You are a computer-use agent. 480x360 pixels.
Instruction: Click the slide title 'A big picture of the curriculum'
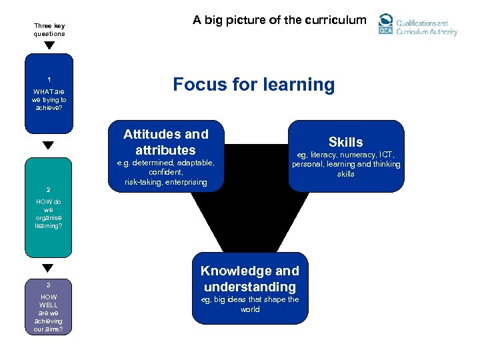(279, 20)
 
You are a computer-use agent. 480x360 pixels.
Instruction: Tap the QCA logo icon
(386, 25)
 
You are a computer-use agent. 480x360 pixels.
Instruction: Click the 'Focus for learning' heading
(253, 85)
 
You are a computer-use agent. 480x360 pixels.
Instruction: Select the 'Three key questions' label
(49, 30)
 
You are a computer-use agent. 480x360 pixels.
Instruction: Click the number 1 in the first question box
(49, 79)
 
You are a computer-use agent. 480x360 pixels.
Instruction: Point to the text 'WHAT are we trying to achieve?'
(49, 99)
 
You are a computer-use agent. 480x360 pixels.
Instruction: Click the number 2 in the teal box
(49, 189)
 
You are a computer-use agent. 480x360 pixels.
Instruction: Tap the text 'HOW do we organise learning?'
(49, 213)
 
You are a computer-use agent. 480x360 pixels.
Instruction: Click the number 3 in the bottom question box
(49, 285)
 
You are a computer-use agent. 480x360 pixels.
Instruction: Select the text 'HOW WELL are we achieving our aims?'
(49, 313)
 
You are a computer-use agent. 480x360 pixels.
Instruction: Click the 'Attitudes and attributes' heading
(165, 142)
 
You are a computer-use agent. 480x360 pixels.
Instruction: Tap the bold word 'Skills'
(345, 142)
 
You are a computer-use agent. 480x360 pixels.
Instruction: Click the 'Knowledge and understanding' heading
(250, 279)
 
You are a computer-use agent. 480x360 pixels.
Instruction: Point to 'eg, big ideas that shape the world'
(250, 304)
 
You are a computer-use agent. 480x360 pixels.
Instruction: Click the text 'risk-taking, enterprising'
(165, 182)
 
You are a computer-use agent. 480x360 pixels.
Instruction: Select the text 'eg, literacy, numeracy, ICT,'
(345, 155)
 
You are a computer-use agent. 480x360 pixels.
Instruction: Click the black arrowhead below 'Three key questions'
(49, 45)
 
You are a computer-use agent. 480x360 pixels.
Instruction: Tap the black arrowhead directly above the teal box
(49, 145)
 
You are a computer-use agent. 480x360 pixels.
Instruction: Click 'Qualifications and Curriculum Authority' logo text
(427, 27)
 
